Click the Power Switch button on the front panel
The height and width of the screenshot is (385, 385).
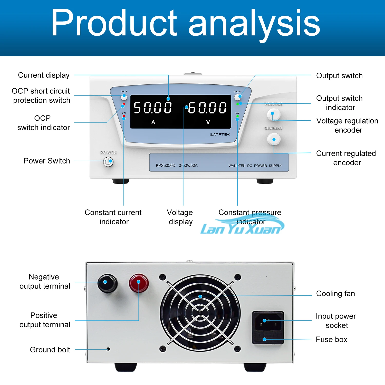[x=108, y=162]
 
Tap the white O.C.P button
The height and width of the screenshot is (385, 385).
[x=124, y=97]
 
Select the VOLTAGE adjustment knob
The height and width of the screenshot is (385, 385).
[x=273, y=114]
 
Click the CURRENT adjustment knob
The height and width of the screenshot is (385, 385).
[x=274, y=139]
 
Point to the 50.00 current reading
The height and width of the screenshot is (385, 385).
[x=153, y=107]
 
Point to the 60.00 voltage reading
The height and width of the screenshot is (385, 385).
[x=207, y=107]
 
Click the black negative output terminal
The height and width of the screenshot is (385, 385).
[x=107, y=283]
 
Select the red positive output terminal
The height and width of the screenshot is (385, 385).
[x=139, y=283]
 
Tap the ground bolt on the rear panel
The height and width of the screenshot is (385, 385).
[x=108, y=349]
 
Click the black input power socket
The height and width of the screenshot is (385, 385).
[x=268, y=322]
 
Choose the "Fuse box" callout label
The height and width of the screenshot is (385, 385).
[x=331, y=340]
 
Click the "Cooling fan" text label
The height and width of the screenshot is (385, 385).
[x=335, y=294]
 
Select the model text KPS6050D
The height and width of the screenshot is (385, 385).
[x=166, y=166]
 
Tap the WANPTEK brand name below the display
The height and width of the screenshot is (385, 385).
[x=220, y=134]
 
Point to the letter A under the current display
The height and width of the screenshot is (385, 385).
[x=153, y=122]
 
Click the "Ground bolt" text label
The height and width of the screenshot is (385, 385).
[x=50, y=350]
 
